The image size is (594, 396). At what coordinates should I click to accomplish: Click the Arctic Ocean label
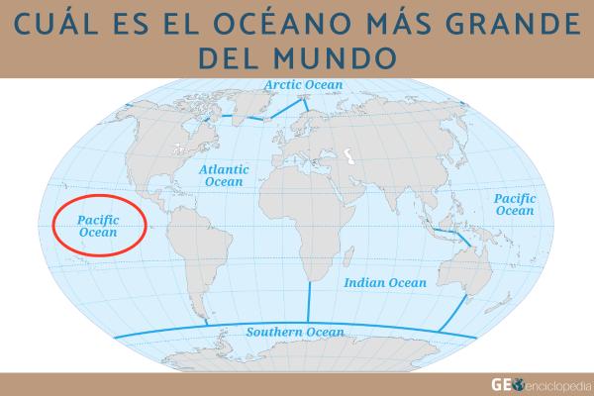pos(303,85)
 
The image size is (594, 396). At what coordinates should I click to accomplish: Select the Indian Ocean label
pos(385,283)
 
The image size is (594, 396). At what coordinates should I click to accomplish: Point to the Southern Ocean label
pos(295,332)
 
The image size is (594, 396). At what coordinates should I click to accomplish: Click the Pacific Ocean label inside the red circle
pos(98,226)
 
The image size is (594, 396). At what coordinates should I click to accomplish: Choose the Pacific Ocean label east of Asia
pos(515,205)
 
